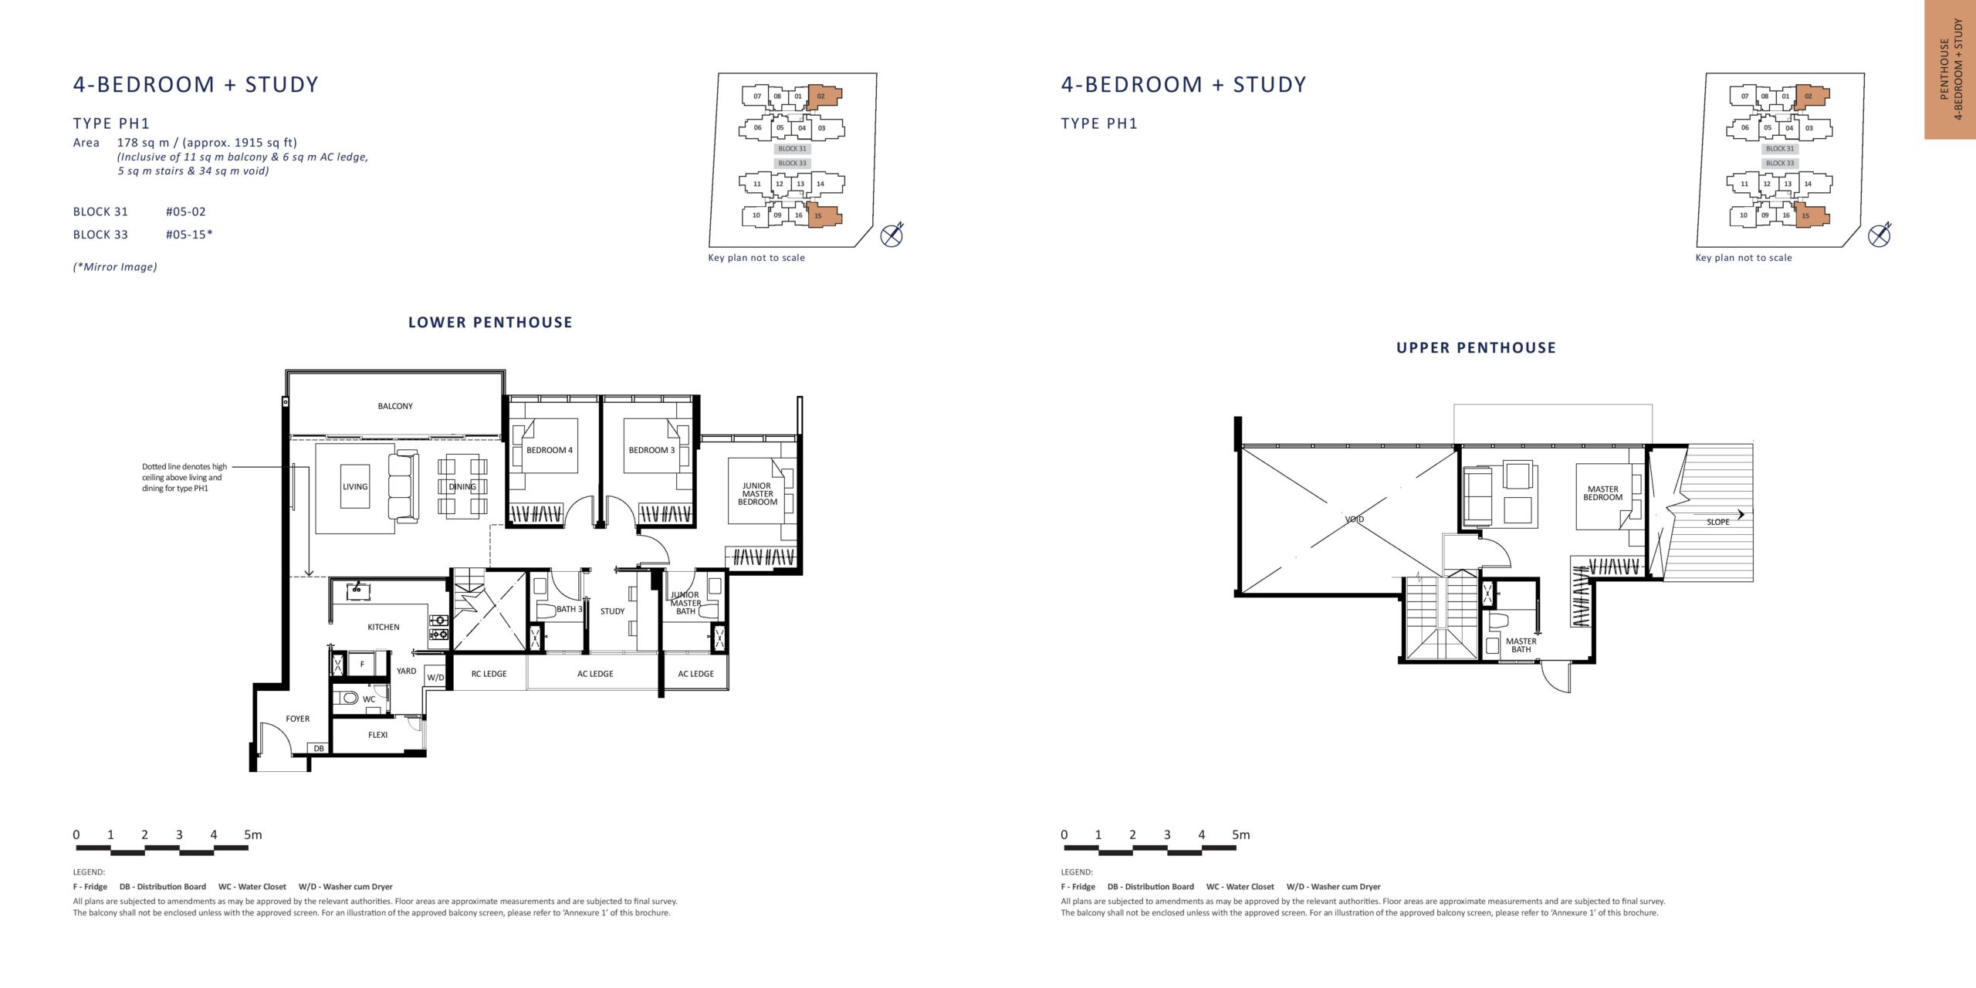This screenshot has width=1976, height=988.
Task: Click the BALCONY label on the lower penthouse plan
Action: [395, 406]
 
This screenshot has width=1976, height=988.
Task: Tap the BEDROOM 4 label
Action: [550, 450]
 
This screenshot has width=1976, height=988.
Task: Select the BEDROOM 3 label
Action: [651, 450]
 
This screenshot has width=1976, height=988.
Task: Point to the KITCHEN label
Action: [384, 627]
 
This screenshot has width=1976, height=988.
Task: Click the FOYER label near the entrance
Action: [298, 719]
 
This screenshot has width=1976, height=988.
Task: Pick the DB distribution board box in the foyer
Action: [319, 748]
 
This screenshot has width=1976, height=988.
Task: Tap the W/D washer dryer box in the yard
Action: [436, 677]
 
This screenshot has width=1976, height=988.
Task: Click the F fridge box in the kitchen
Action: [362, 664]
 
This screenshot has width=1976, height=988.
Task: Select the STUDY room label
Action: [613, 611]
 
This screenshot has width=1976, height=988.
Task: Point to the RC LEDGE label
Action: [489, 674]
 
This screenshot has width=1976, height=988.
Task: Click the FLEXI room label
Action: [378, 735]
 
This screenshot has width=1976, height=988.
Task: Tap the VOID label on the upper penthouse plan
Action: [1355, 519]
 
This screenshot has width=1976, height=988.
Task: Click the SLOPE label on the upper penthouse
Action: [1718, 523]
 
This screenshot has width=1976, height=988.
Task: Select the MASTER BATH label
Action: [1521, 645]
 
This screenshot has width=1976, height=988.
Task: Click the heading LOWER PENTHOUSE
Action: [491, 323]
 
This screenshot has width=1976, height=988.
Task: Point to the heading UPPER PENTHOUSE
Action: [1477, 348]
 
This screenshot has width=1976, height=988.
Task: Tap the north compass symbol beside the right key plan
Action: [1880, 235]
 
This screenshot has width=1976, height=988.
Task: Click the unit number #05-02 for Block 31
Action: [186, 211]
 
